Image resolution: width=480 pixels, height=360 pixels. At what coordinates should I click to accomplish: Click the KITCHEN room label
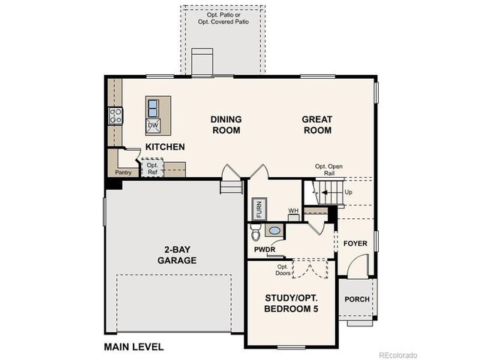[x=165, y=147]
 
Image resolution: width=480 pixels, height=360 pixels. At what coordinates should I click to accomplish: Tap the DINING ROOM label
[x=225, y=124]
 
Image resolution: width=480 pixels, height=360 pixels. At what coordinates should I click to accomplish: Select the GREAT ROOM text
[x=316, y=124]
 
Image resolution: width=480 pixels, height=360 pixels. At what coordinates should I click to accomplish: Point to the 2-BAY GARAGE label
[x=177, y=255]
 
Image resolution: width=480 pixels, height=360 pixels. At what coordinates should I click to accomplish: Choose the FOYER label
[x=355, y=244]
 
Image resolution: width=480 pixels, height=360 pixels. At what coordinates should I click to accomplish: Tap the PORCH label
[x=356, y=299]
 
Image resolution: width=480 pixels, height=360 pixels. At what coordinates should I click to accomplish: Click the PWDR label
[x=263, y=247]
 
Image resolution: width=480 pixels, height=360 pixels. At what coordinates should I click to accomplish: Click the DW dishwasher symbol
[x=152, y=125]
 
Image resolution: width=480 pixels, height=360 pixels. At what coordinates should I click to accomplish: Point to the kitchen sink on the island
[x=153, y=106]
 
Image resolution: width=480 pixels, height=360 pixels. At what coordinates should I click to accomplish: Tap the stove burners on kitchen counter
[x=116, y=115]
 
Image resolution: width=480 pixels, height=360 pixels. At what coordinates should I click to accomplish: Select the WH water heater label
[x=293, y=211]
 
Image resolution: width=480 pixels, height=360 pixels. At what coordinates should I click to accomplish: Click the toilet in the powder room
[x=256, y=232]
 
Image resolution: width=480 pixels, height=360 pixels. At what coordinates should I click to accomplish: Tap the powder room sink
[x=275, y=231]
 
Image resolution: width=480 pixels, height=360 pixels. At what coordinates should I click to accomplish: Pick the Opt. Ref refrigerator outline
[x=152, y=169]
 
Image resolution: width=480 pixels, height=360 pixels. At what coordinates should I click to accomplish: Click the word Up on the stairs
[x=348, y=192]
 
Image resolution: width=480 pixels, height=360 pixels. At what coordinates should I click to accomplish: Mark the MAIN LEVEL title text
[x=133, y=347]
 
